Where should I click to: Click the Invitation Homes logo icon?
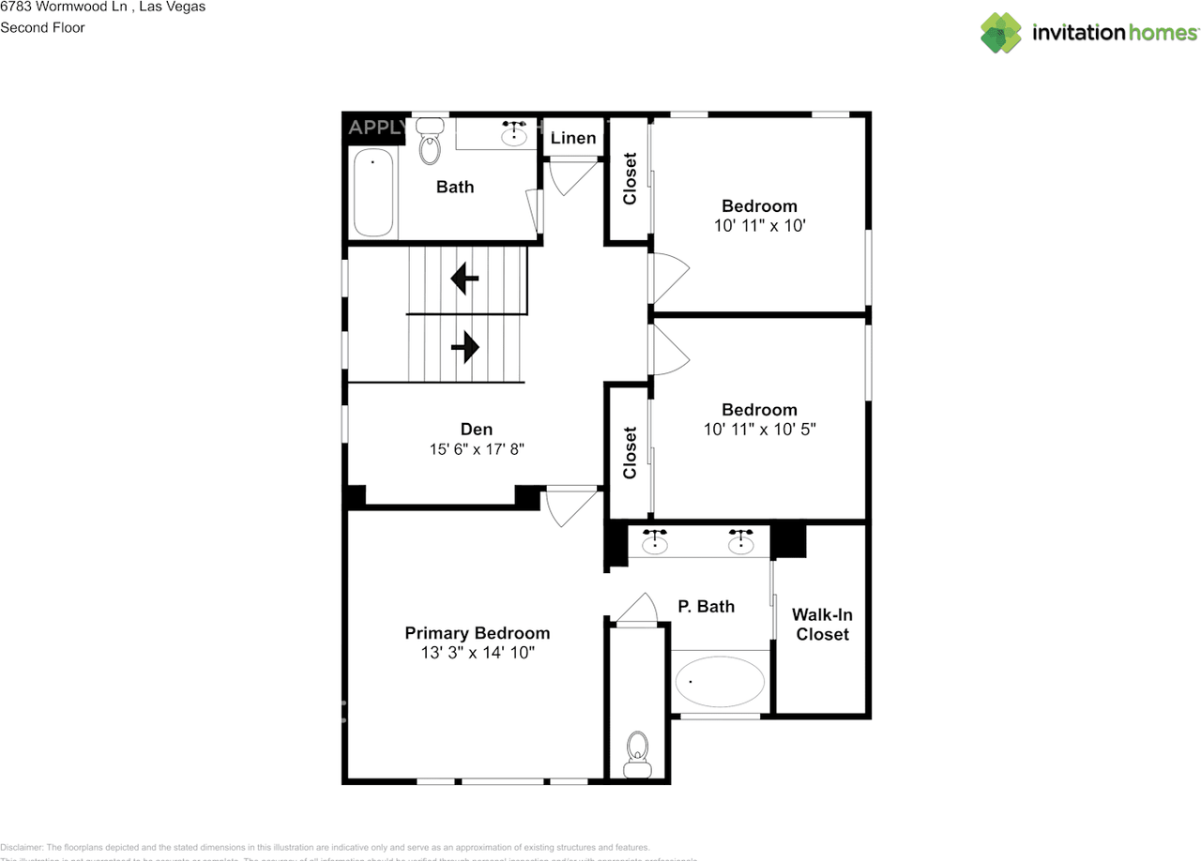pos(1001,33)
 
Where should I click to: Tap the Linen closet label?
pos(572,138)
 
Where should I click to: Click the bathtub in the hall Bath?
pos(373,192)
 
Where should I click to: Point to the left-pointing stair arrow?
pos(464,279)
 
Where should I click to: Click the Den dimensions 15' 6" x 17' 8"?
pos(477,449)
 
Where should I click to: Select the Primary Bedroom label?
pos(477,633)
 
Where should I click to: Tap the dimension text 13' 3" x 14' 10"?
pos(477,653)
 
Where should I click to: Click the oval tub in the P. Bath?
pos(721,682)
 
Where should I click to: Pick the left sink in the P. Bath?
pos(654,540)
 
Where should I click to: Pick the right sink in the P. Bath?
pos(741,540)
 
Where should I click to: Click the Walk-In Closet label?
pos(822,625)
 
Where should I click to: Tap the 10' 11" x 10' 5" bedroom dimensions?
pos(759,430)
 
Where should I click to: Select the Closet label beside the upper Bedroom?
pos(630,178)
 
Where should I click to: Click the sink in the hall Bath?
pos(514,134)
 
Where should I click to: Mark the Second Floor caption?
pos(42,27)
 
